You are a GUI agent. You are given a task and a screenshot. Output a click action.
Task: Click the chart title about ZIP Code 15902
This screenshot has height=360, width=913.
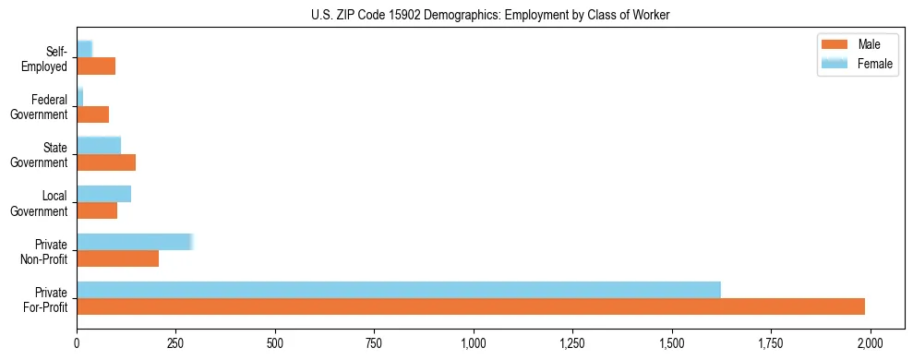coord(455,15)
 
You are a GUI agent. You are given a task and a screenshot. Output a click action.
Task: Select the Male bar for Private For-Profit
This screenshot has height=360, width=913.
coord(471,306)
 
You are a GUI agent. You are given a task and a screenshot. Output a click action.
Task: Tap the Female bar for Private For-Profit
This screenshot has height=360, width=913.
coord(399,290)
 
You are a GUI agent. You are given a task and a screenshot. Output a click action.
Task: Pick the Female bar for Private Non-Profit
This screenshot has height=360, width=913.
coord(135,242)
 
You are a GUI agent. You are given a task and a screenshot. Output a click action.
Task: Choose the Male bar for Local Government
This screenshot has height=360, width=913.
coord(97,210)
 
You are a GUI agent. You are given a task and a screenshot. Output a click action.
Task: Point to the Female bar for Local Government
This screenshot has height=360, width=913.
coord(103,194)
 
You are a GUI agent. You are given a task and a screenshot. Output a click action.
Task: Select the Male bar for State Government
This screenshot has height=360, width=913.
coord(106,162)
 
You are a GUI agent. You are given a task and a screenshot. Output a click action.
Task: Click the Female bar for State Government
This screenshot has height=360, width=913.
coord(99,145)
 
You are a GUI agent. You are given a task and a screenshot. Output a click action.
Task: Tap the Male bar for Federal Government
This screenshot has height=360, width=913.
coord(93,114)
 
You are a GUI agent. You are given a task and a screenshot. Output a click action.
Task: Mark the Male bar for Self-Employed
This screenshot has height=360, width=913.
coord(96,66)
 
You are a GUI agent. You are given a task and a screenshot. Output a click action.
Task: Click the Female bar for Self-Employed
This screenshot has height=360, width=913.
coord(85,49)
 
